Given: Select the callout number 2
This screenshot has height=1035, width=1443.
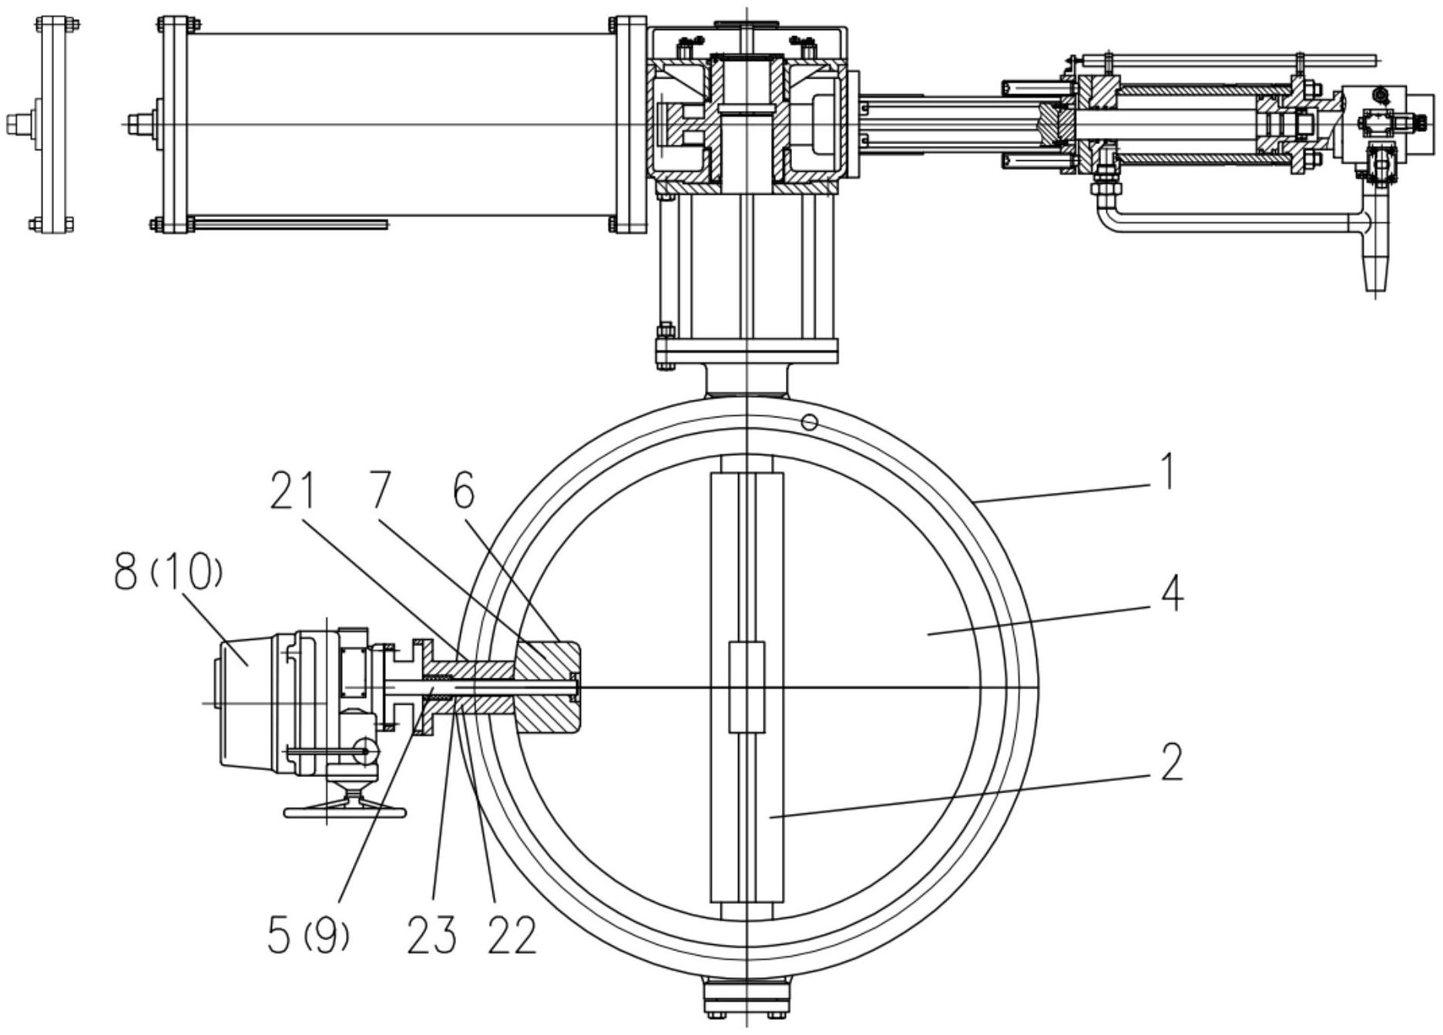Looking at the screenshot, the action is [1171, 762].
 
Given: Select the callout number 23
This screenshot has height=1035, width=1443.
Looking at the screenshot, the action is [431, 935].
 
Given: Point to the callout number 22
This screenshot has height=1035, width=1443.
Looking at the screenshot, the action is [512, 935].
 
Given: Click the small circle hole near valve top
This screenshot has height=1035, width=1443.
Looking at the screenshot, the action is [809, 421].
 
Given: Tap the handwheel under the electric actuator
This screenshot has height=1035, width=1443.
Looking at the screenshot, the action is [346, 809].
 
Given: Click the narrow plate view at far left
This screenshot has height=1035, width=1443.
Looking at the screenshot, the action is [54, 123].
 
